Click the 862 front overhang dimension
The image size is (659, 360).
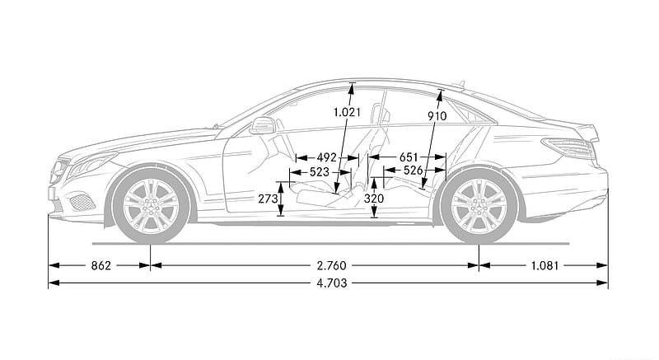[x=100, y=265]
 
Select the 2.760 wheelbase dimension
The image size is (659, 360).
[x=331, y=265]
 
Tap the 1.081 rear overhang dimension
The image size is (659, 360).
[x=544, y=265]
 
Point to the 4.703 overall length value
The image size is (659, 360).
[x=332, y=283]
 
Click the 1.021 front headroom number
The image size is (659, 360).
[x=347, y=112]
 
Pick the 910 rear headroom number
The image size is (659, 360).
[x=437, y=115]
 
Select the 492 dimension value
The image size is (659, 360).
[x=327, y=157]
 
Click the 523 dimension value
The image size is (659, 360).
[x=320, y=172]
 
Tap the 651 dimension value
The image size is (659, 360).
[x=409, y=157]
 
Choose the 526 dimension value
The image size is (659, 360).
[x=413, y=171]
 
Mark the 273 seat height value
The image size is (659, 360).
[x=268, y=199]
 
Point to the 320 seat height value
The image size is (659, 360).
[x=374, y=199]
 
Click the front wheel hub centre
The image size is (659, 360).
[x=151, y=206]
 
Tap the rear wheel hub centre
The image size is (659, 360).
[x=479, y=206]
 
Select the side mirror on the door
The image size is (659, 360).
[x=262, y=125]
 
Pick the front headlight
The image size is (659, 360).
[x=91, y=164]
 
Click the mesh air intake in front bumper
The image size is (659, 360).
[x=82, y=203]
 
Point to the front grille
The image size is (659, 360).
[x=58, y=171]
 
